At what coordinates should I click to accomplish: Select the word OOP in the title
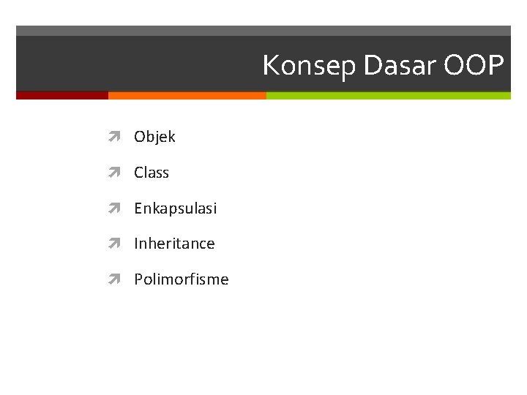click(474, 66)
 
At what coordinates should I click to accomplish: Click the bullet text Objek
click(154, 137)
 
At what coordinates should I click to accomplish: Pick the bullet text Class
click(152, 173)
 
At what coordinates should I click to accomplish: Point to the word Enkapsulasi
click(175, 208)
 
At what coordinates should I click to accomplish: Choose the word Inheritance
click(174, 244)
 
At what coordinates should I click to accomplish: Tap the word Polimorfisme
click(181, 279)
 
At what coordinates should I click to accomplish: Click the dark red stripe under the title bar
click(62, 95)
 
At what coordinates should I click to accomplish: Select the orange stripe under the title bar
click(187, 95)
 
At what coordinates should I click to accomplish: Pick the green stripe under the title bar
click(388, 95)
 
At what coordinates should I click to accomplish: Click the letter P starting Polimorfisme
click(138, 279)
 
